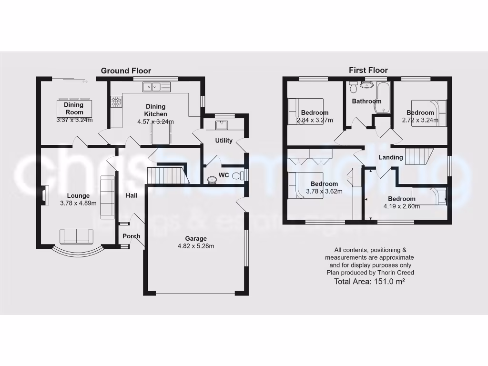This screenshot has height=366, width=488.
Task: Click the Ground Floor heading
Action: pyautogui.click(x=126, y=71)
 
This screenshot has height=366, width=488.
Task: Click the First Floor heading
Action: pyautogui.click(x=368, y=70)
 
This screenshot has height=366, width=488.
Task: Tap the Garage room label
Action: pyautogui.click(x=196, y=238)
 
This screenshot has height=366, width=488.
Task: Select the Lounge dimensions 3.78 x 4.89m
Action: pyautogui.click(x=79, y=203)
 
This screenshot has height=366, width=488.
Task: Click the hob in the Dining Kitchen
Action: pyautogui.click(x=116, y=101)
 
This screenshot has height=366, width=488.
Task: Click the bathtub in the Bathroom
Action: pyautogui.click(x=382, y=98)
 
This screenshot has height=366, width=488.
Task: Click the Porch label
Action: pyautogui.click(x=132, y=236)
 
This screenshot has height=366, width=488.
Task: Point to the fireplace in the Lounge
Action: pyautogui.click(x=44, y=195)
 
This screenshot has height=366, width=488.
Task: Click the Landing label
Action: pyautogui.click(x=391, y=157)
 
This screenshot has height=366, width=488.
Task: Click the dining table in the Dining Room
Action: pyautogui.click(x=74, y=108)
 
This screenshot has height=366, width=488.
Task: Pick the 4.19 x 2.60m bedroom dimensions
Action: pyautogui.click(x=401, y=206)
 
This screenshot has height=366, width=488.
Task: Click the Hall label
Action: pyautogui.click(x=132, y=195)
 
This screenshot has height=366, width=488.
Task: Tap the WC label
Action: pyautogui.click(x=224, y=175)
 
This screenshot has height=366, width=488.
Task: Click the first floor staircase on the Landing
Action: pyautogui.click(x=419, y=156)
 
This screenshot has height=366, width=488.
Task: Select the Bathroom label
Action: pyautogui.click(x=366, y=101)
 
